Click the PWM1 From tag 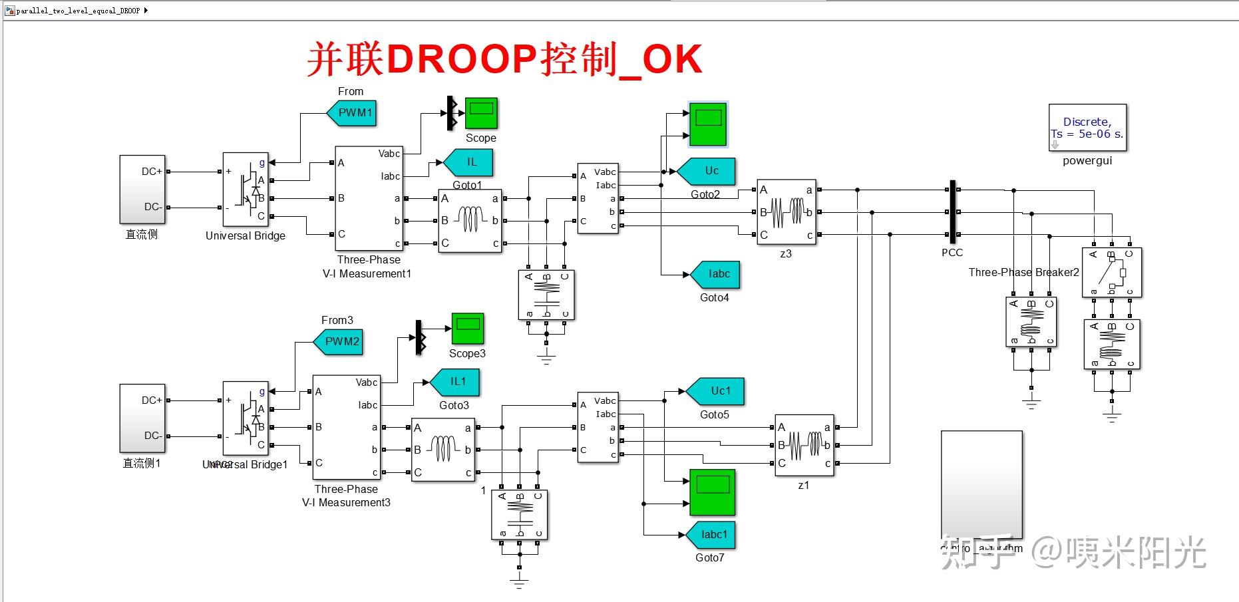click(353, 112)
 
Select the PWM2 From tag click(340, 341)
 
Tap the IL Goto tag click(470, 162)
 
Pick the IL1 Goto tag click(456, 382)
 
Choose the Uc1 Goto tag click(718, 391)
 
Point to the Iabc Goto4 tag click(717, 274)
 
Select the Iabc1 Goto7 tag click(712, 535)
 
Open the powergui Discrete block click(1087, 128)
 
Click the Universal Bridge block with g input click(246, 189)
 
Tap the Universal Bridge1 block click(246, 418)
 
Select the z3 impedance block click(786, 212)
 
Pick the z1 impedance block click(804, 445)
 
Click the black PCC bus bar click(952, 212)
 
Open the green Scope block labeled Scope click(480, 113)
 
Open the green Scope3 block click(467, 329)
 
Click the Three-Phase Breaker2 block click(1111, 272)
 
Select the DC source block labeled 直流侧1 click(142, 418)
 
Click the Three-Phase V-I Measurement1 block click(369, 198)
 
